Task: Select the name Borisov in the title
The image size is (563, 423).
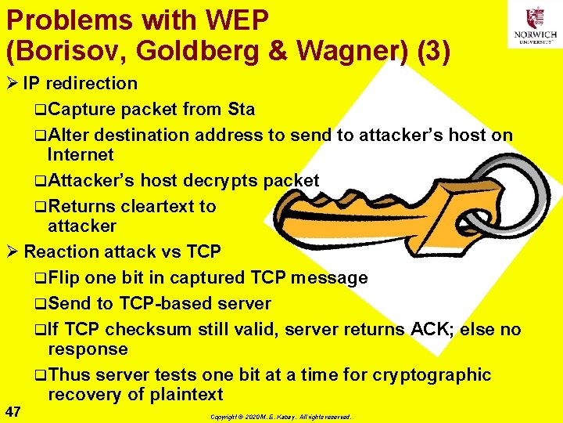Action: [x=66, y=51]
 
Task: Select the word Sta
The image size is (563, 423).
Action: [x=240, y=108]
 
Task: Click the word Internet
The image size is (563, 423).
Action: [x=81, y=154]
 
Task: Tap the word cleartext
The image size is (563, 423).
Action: [x=156, y=207]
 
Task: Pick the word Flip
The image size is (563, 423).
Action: [x=63, y=278]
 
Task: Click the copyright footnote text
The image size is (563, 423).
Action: [x=281, y=417]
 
